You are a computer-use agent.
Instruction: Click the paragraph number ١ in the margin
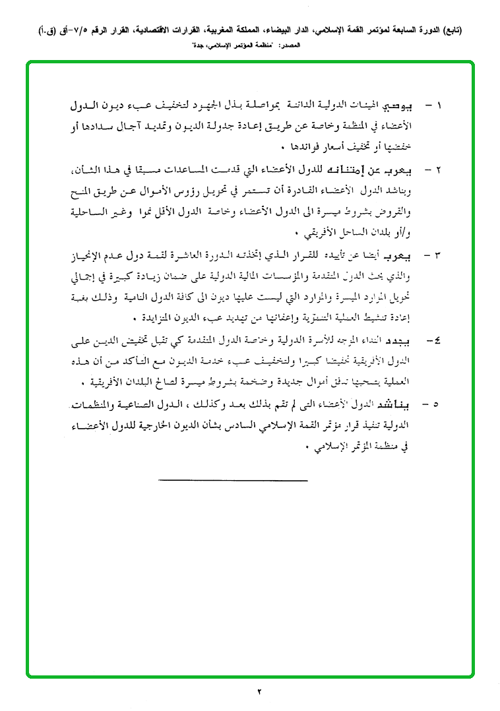[x=440, y=106]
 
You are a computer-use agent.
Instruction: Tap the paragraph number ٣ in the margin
[x=440, y=254]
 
